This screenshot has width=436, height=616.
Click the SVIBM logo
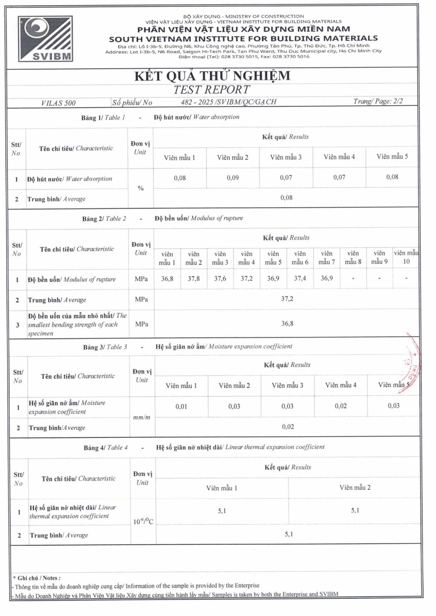[x=46, y=39]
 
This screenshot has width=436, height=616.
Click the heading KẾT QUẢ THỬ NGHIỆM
[x=212, y=76]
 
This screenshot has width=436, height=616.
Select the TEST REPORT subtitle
[x=212, y=90]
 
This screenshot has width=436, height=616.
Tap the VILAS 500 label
[x=58, y=103]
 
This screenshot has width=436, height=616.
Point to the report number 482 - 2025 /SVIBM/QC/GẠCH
[x=229, y=102]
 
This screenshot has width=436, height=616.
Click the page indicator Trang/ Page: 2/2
[x=378, y=101]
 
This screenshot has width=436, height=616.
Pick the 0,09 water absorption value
[x=233, y=178]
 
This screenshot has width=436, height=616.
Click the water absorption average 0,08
[x=286, y=197]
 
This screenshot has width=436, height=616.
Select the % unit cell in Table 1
[x=141, y=188]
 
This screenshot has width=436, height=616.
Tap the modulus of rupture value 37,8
[x=194, y=279]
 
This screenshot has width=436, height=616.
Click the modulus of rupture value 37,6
[x=220, y=278]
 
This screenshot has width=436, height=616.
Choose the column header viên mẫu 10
[x=406, y=257]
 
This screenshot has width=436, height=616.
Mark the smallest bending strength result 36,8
[x=287, y=324]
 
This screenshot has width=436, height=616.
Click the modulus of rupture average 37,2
[x=287, y=299]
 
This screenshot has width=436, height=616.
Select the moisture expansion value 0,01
[x=181, y=407]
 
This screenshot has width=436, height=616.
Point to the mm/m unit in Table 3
[x=142, y=417]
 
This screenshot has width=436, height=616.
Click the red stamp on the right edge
[x=411, y=365]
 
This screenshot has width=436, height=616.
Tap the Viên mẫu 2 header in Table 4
[x=355, y=487]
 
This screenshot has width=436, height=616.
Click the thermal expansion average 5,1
[x=289, y=534]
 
